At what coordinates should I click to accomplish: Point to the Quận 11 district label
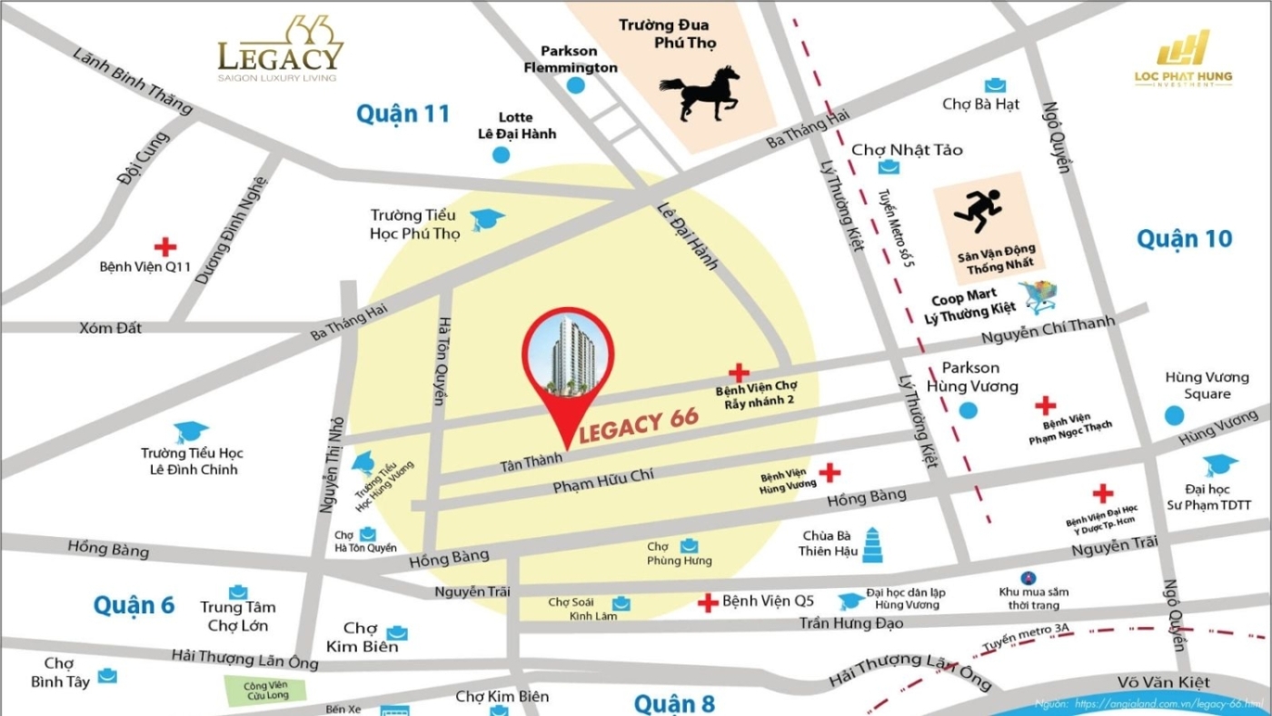tap(402, 114)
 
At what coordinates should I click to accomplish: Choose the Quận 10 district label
tap(1184, 239)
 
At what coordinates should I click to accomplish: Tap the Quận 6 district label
tap(134, 605)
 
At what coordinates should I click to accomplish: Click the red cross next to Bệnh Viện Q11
tap(164, 247)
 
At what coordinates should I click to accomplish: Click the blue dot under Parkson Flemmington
tap(575, 85)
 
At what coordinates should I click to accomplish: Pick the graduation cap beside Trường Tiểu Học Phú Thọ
tap(487, 219)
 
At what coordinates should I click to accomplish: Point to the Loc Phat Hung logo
tap(1183, 60)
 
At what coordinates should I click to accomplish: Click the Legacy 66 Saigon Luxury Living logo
tap(280, 49)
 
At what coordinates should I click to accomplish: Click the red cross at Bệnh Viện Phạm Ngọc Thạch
tap(1046, 405)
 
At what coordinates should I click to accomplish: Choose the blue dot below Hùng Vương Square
tap(1175, 416)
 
